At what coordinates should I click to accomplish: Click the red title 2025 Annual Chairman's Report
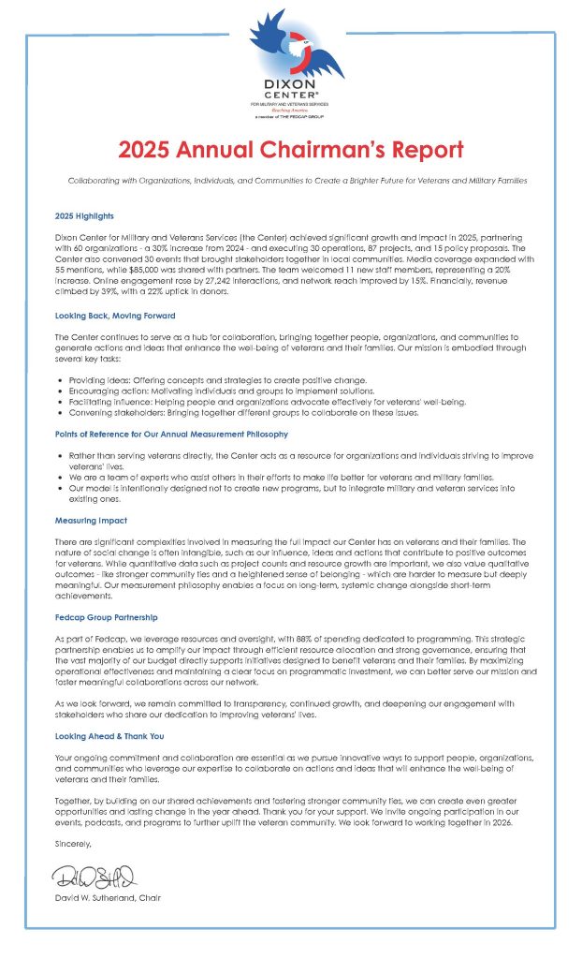click(x=291, y=150)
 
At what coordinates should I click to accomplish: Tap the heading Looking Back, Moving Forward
click(x=115, y=316)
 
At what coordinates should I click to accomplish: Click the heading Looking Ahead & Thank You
click(x=109, y=736)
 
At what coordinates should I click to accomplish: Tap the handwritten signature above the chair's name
click(x=94, y=878)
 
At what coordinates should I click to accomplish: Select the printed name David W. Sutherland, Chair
click(x=107, y=898)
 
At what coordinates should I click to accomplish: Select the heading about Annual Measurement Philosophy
click(x=171, y=435)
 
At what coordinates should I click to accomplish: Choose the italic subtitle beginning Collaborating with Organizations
click(x=291, y=180)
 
